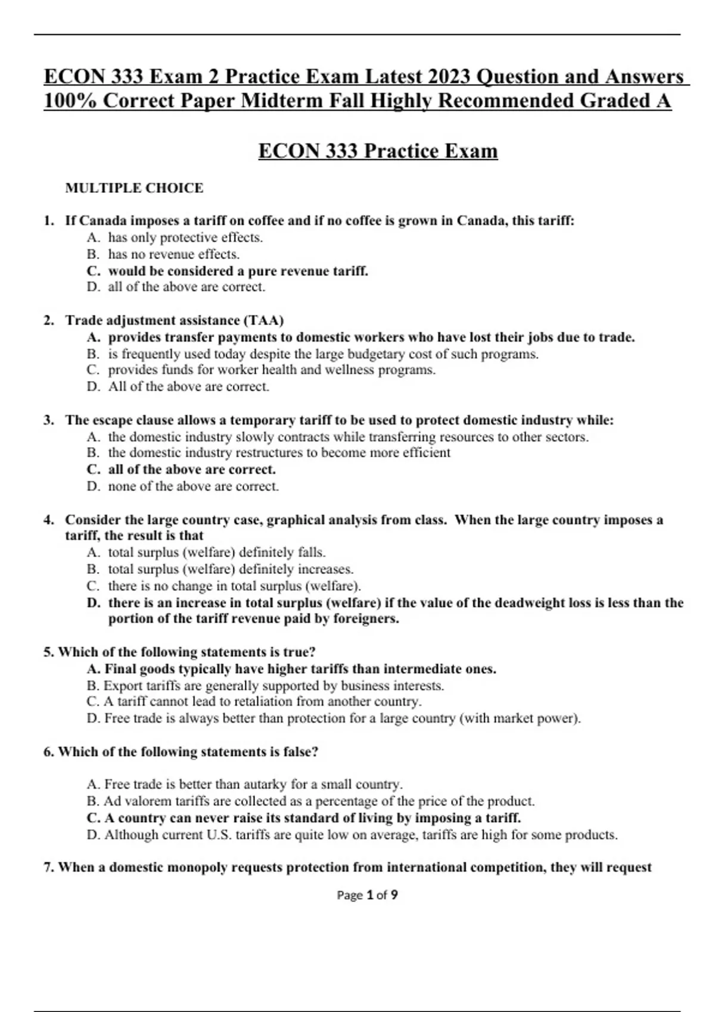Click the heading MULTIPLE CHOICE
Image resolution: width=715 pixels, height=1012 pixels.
tap(134, 188)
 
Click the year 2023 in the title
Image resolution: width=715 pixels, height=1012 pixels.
tap(448, 77)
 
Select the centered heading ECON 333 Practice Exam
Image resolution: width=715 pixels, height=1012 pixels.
tap(378, 151)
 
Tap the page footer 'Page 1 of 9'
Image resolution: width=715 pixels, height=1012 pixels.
tap(367, 895)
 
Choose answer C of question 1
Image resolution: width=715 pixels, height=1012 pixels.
tap(238, 271)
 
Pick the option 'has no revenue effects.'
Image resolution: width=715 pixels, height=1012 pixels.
tap(173, 254)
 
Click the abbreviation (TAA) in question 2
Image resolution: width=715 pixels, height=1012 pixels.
tap(263, 320)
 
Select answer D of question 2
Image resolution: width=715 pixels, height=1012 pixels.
tap(188, 386)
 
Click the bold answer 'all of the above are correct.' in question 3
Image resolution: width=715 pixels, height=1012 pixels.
tap(191, 469)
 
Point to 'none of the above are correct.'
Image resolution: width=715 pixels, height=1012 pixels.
tap(193, 486)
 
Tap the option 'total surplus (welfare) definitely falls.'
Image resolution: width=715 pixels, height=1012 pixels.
tap(216, 552)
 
